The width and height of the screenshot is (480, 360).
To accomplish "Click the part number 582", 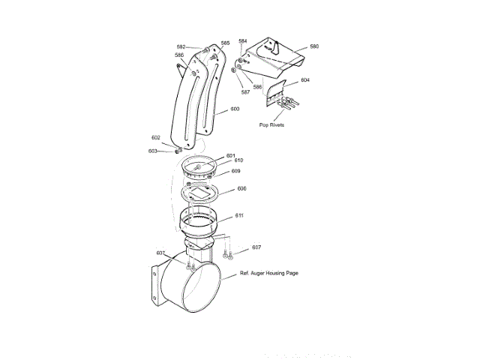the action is point(181,47).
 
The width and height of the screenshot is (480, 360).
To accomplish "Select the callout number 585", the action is point(225,43).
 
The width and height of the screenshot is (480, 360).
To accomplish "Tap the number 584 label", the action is point(242,40).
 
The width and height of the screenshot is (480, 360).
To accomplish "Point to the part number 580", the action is point(313,46).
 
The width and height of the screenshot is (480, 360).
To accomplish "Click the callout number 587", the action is point(245,92).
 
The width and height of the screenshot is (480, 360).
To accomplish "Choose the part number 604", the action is point(305,80).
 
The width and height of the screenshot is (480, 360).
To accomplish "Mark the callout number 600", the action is point(235,109).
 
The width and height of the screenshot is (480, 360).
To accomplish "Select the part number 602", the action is point(155,138).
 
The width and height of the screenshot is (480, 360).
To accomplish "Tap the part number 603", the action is point(153,151).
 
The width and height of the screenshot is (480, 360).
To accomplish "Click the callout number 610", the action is point(238,160).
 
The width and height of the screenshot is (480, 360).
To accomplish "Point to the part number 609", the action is point(235,171).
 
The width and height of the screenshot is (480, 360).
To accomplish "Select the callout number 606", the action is point(241,189).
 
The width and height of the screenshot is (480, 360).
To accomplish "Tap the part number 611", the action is point(239,215).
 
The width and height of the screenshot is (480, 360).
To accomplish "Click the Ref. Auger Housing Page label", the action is point(269,273).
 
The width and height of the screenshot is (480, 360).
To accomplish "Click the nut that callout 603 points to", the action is point(177,151).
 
